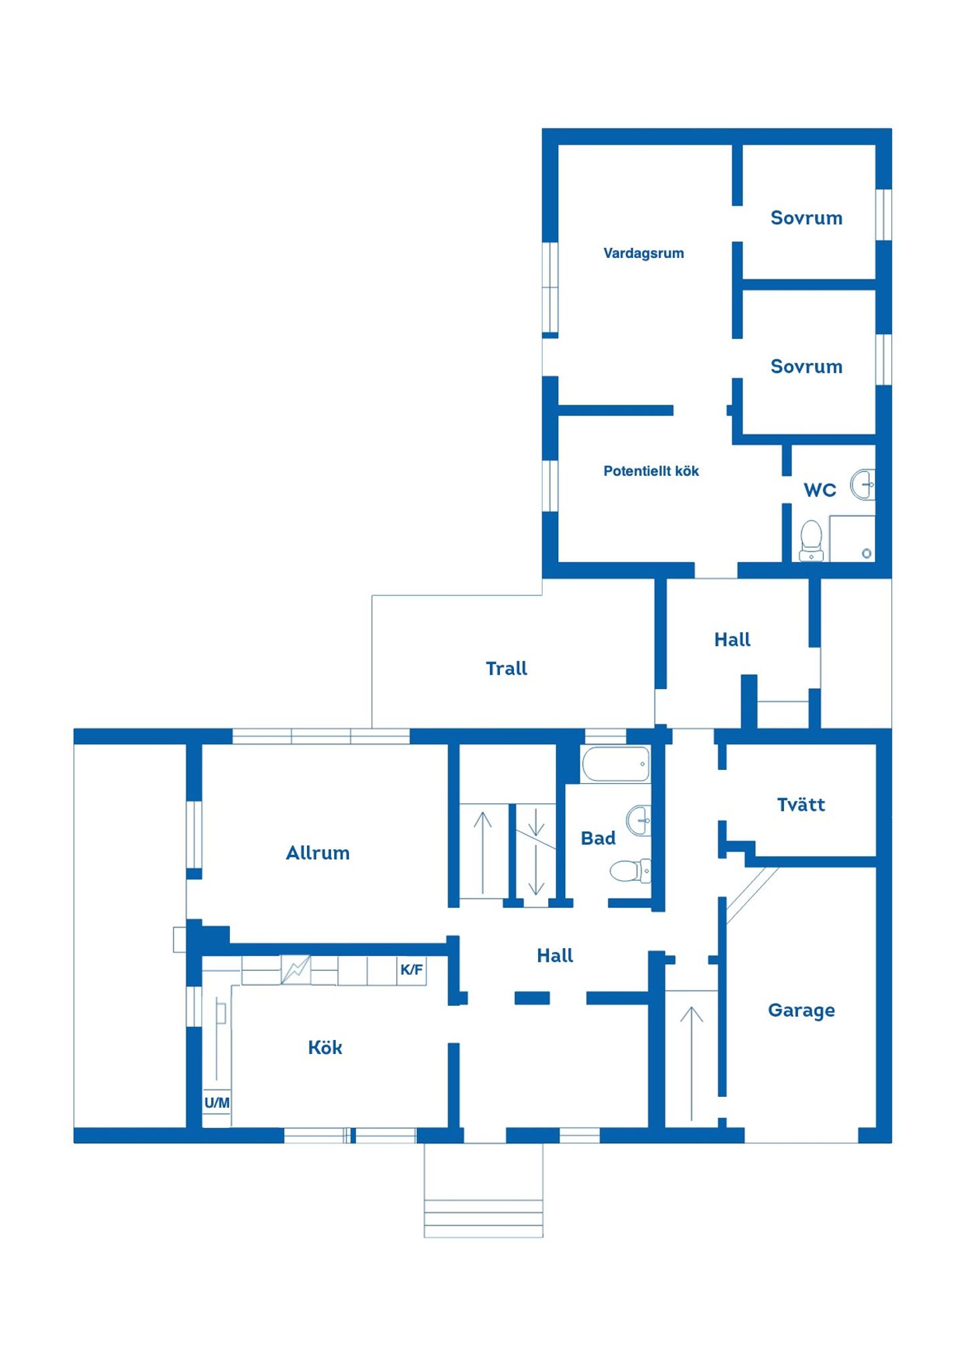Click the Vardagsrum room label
(643, 253)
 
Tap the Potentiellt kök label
(651, 471)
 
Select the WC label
(820, 490)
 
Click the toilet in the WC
(811, 540)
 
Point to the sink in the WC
(863, 484)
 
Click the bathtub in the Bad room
(616, 764)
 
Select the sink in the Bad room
(639, 820)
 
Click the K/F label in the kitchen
(411, 970)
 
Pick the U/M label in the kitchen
(216, 1102)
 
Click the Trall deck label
(506, 668)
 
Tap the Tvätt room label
(801, 804)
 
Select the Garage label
(801, 1011)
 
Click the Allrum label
(318, 853)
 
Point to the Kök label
(325, 1047)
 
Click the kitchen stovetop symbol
(296, 970)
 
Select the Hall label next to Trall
(732, 640)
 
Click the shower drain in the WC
(866, 554)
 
